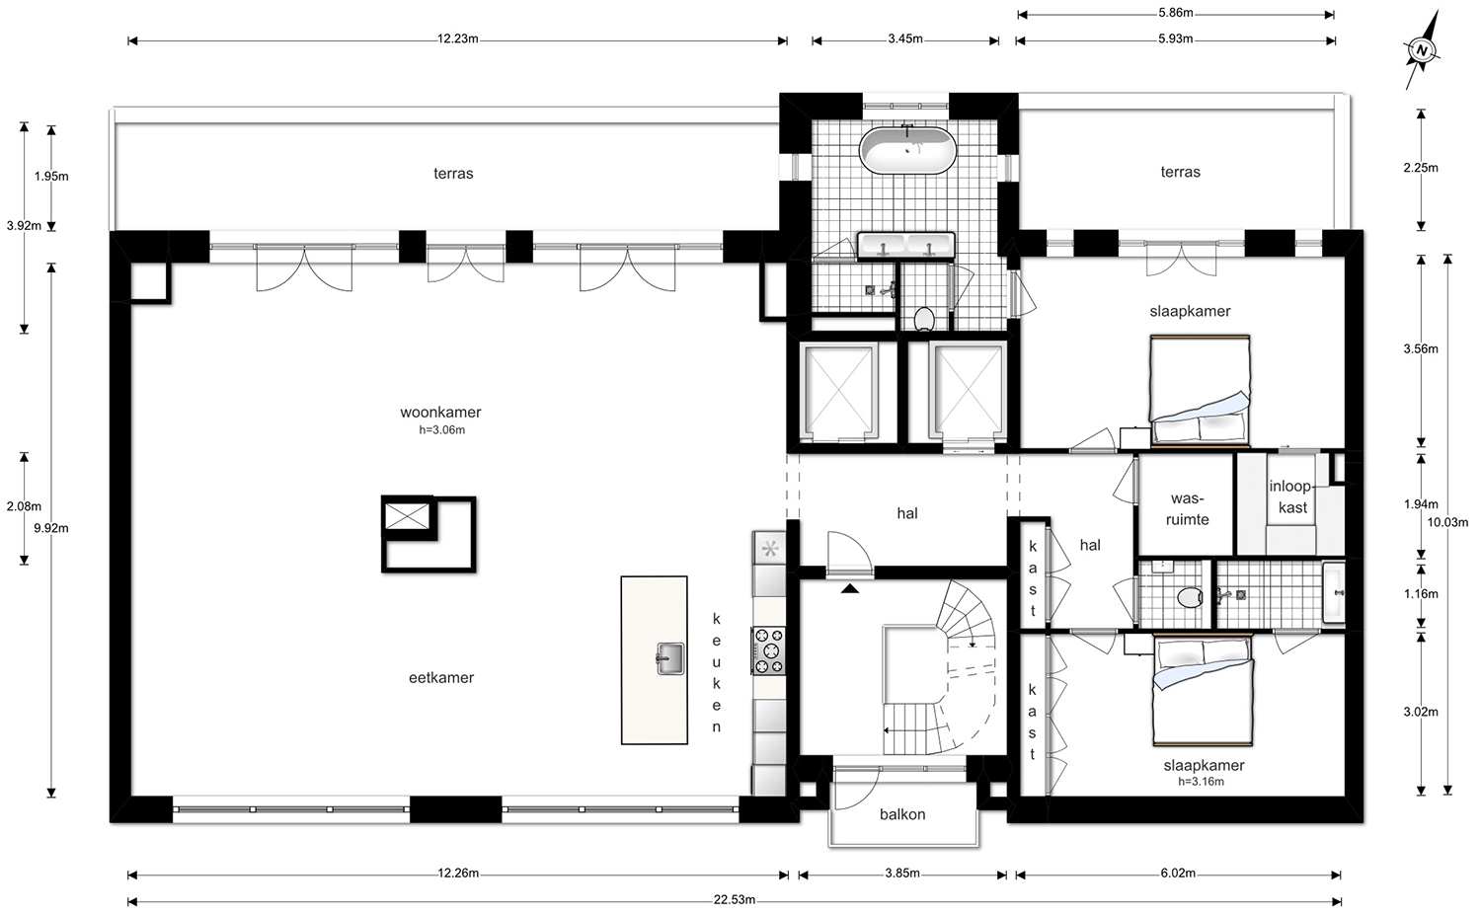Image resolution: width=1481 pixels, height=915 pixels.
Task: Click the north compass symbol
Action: [x=1422, y=50]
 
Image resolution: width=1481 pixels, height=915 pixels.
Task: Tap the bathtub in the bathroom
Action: [x=907, y=150]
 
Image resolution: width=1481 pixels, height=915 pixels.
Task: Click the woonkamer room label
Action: [x=440, y=412]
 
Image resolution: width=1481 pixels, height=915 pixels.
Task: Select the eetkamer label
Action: [x=441, y=678]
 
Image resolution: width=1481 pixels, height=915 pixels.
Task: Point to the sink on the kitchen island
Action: [x=669, y=658]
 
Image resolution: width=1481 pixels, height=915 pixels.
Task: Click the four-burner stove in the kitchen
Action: [x=768, y=650]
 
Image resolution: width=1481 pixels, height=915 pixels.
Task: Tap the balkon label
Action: [x=902, y=814]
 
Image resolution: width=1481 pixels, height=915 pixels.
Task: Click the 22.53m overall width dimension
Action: [x=734, y=900]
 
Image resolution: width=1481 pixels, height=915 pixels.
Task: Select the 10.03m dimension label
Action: [x=1447, y=522]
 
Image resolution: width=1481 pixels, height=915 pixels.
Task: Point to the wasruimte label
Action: [x=1188, y=509]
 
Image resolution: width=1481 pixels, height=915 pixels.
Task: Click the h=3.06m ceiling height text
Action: [x=441, y=429]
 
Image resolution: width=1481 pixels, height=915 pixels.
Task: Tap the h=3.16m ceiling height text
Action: [x=1201, y=782]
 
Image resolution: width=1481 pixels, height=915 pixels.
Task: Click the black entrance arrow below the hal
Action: [x=849, y=587]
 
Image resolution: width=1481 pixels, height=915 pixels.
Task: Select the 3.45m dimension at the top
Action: [x=905, y=39]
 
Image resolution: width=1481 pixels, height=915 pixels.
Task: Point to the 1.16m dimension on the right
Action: [x=1421, y=593]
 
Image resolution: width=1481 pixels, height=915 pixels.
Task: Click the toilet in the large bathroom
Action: [x=923, y=319]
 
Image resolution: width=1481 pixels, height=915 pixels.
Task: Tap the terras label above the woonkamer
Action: [x=453, y=173]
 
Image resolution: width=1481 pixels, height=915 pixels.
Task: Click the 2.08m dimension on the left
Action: [x=24, y=506]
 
